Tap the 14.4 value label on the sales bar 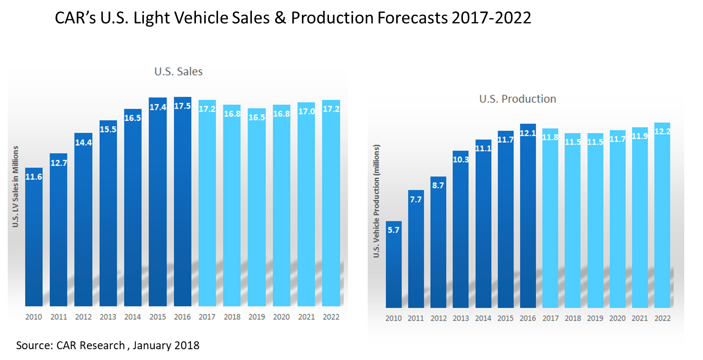pyautogui.click(x=83, y=143)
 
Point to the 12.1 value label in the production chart pyautogui.click(x=528, y=133)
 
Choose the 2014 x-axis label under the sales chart pyautogui.click(x=133, y=317)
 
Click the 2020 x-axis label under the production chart pyautogui.click(x=618, y=318)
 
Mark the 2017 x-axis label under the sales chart pyautogui.click(x=207, y=317)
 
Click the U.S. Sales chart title pyautogui.click(x=178, y=72)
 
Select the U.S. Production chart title pyautogui.click(x=517, y=99)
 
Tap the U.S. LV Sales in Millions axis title pyautogui.click(x=16, y=186)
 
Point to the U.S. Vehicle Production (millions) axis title pyautogui.click(x=377, y=201)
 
